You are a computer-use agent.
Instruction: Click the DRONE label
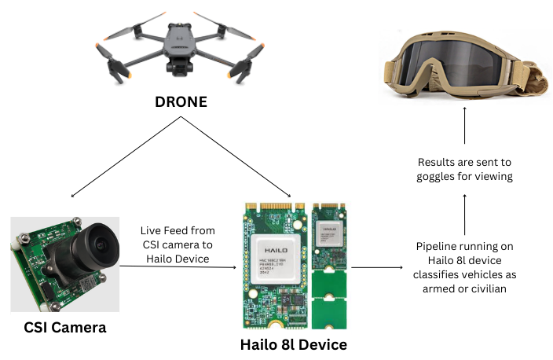pos(181,102)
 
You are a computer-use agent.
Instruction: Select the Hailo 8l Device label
pos(293,343)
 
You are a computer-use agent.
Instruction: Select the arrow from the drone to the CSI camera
pos(126,157)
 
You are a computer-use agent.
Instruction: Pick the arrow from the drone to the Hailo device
pos(236,157)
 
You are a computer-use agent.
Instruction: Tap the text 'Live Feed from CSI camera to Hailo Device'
pos(178,243)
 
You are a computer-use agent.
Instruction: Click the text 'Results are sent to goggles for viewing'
pos(464,169)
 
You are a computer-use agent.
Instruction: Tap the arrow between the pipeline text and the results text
pos(464,212)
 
